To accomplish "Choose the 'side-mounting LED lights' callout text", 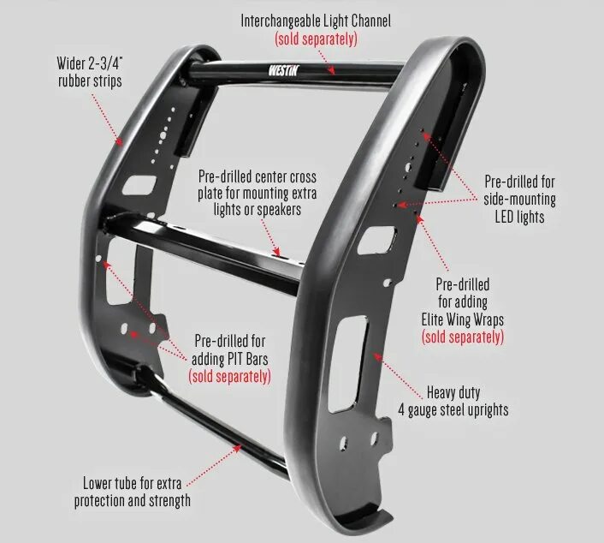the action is click(x=519, y=200).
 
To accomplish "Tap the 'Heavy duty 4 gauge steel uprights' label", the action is click(x=453, y=401).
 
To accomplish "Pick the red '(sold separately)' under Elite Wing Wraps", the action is click(x=462, y=337).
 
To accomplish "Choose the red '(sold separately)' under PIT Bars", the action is click(x=229, y=375).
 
